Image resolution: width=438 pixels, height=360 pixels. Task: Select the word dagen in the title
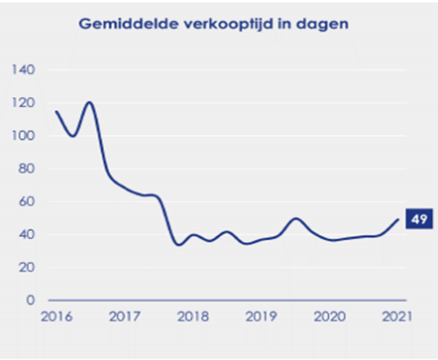[318, 23]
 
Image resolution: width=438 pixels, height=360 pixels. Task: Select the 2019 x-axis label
[260, 316]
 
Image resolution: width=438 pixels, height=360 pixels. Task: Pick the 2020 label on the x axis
[328, 316]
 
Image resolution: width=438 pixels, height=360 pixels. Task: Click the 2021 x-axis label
[396, 316]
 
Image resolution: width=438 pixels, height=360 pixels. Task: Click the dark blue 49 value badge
[418, 219]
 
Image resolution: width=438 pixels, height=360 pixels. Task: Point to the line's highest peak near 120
[90, 102]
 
